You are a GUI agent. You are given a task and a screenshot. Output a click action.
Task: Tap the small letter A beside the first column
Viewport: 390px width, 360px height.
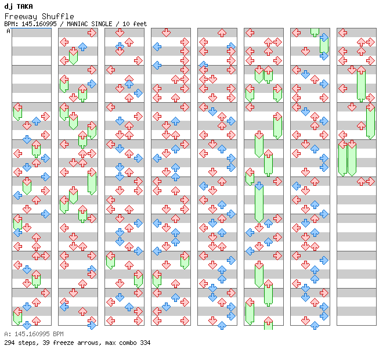(8, 31)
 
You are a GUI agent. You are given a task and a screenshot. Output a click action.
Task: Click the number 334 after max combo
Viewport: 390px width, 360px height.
(145, 343)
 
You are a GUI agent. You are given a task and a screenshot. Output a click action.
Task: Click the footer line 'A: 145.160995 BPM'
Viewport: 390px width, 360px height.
(33, 334)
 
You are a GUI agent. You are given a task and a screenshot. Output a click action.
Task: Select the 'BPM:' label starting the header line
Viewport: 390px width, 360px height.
(11, 24)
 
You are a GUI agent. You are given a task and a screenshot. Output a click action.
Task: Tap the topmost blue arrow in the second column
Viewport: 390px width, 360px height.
(82, 47)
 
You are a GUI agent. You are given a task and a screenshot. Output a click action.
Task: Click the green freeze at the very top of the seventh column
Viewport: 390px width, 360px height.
(315, 32)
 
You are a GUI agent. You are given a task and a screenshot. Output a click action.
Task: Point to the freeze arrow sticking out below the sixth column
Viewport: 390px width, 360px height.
(268, 323)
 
